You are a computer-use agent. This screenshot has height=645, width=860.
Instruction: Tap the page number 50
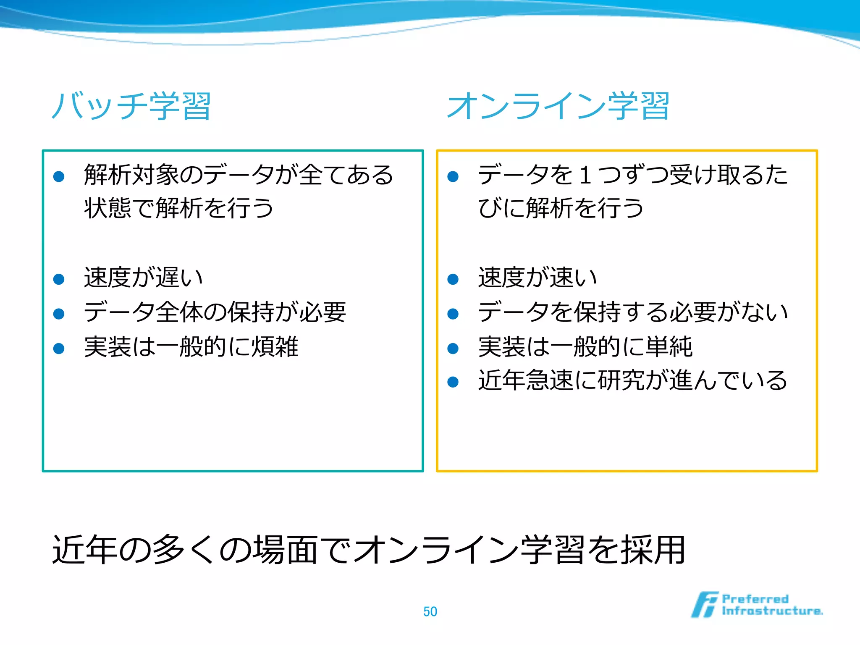tap(430, 611)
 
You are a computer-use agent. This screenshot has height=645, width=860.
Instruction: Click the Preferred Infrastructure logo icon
tap(704, 605)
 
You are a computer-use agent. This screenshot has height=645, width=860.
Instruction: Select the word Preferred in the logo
tap(755, 598)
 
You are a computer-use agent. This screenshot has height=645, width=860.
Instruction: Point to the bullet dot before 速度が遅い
tap(59, 279)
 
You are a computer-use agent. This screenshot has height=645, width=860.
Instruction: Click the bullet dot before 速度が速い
tap(453, 279)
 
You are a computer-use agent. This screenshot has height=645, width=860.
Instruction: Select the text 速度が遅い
tap(144, 278)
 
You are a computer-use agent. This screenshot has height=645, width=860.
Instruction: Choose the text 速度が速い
tap(537, 278)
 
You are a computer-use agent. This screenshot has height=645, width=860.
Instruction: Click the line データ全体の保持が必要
tap(215, 312)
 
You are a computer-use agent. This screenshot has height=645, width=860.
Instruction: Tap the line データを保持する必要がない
tap(633, 312)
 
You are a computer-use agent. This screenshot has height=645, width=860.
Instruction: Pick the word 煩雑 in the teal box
tap(275, 347)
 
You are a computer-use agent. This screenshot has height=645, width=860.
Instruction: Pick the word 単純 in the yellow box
tap(669, 347)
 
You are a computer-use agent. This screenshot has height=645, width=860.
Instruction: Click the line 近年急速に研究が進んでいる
tap(633, 380)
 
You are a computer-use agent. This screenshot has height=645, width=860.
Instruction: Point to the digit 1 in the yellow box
tap(585, 175)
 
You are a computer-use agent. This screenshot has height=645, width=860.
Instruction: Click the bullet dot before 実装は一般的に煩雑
tap(59, 348)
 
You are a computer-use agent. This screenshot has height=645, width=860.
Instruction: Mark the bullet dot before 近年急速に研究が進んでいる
tap(453, 382)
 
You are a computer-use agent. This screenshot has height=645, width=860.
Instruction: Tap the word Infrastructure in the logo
tap(772, 611)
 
